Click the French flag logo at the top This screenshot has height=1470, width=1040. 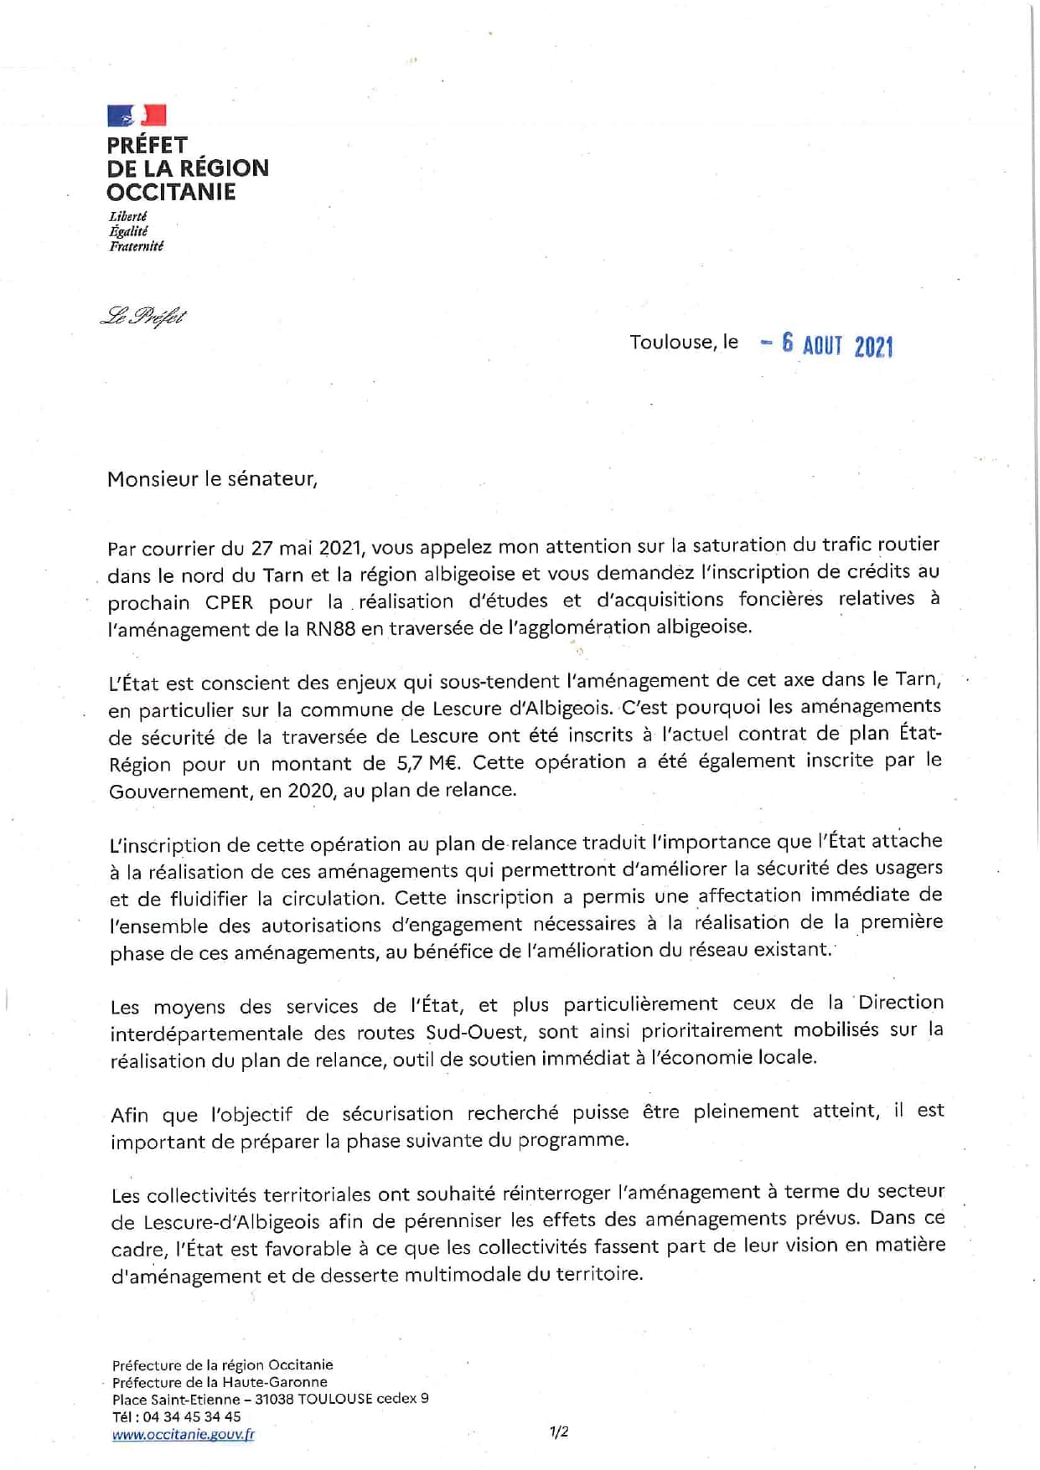point(137,116)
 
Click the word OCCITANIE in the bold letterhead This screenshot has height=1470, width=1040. point(171,192)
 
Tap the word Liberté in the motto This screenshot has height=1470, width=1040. point(128,216)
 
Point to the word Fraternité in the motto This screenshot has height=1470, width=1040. point(136,246)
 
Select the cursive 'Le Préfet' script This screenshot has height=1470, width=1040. point(143,317)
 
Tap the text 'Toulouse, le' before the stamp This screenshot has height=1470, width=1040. point(684,342)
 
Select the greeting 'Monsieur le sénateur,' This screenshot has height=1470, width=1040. point(212,479)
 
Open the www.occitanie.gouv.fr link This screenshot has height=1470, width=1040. point(183,1434)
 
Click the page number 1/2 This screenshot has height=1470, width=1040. point(559,1431)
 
